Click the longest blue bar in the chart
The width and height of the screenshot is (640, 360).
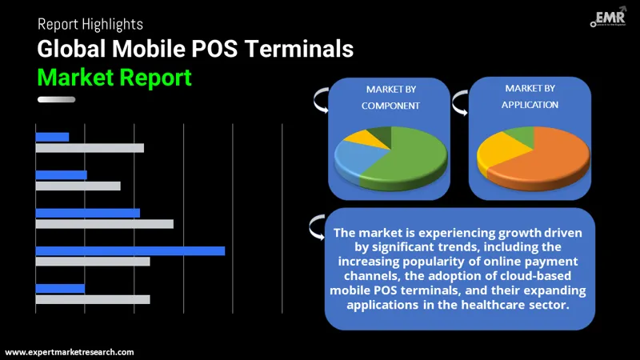(130, 250)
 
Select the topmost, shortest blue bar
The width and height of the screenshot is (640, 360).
(52, 137)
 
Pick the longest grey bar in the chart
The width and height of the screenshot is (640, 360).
(104, 224)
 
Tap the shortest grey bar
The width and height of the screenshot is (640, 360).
(78, 186)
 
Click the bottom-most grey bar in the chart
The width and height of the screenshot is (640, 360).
(92, 299)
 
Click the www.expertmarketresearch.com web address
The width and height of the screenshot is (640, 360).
(70, 352)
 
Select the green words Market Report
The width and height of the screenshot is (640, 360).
(114, 78)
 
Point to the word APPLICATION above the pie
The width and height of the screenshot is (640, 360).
(530, 105)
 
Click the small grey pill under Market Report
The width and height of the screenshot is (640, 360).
(56, 99)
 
